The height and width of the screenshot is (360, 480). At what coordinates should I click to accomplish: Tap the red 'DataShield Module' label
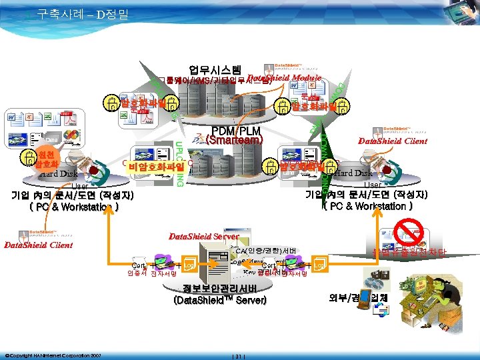[284, 79]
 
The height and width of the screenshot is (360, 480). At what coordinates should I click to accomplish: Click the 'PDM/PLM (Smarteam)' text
[230, 135]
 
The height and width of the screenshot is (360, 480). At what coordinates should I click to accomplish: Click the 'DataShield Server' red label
[203, 237]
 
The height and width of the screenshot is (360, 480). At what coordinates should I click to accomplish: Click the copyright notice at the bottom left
[53, 354]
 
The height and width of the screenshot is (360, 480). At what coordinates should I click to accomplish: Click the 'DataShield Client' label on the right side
[392, 141]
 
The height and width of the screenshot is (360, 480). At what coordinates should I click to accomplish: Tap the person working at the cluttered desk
[383, 281]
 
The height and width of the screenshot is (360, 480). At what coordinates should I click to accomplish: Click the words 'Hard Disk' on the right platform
[355, 173]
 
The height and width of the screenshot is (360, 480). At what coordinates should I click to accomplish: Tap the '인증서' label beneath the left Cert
[137, 273]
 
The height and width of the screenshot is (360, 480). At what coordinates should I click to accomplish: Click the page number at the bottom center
[239, 354]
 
